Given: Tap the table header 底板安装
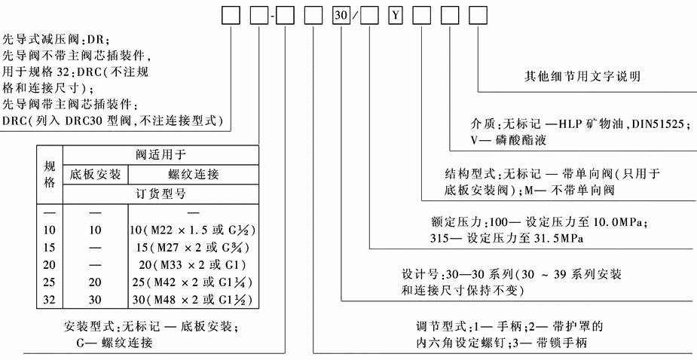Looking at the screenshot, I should click(x=95, y=175).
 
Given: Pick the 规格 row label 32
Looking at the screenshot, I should click(x=50, y=300).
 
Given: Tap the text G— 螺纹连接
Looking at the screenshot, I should click(x=126, y=343).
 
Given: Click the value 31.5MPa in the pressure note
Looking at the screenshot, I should click(x=552, y=239).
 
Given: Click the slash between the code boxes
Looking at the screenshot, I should click(x=356, y=16).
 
